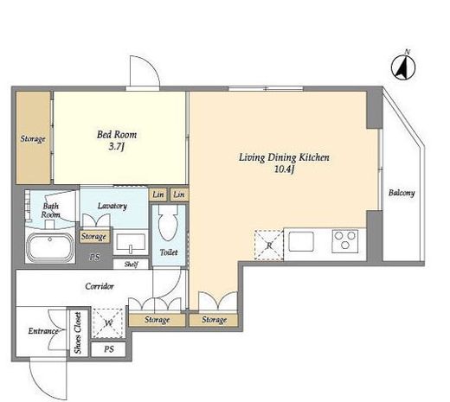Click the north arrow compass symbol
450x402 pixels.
click(403, 67)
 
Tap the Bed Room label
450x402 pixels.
click(117, 135)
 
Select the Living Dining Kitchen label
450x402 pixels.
click(284, 157)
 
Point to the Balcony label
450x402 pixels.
click(402, 193)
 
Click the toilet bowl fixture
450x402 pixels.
click(169, 223)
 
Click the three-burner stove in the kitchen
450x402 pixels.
click(345, 241)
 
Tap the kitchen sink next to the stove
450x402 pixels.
click(301, 241)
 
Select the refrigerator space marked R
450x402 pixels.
click(269, 246)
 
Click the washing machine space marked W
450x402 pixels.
click(108, 323)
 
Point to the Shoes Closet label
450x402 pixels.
click(78, 333)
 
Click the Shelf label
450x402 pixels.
click(132, 264)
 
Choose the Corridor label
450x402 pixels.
click(100, 286)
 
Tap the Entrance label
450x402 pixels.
click(43, 331)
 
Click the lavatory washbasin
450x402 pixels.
click(131, 242)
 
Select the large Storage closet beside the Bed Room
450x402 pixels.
click(33, 137)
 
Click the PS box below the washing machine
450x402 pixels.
click(108, 349)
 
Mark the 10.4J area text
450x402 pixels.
click(284, 169)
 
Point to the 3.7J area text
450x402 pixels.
click(117, 147)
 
